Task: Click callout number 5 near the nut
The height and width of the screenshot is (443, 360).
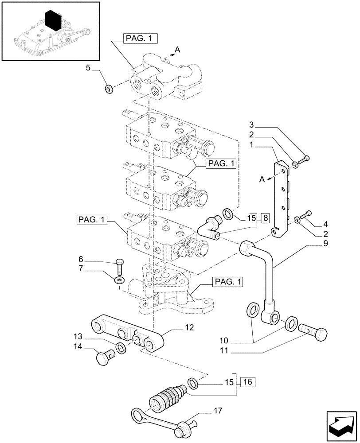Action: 88,68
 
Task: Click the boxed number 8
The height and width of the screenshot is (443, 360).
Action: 265,218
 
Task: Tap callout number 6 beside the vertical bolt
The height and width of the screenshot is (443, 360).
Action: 81,259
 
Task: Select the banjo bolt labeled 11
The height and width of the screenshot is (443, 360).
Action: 314,331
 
